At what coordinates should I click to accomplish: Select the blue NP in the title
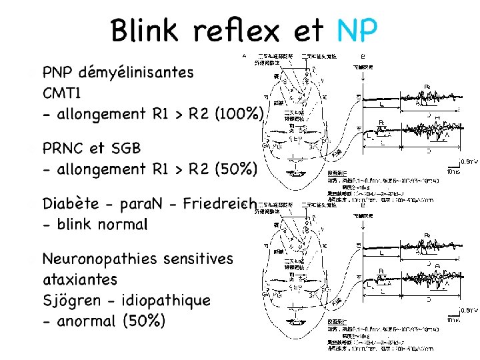point(357,30)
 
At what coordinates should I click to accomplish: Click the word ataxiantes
point(79,279)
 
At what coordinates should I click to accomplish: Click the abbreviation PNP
point(59,71)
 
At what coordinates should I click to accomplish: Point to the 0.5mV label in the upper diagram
point(470,161)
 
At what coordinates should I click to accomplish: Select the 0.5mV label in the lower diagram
point(470,310)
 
